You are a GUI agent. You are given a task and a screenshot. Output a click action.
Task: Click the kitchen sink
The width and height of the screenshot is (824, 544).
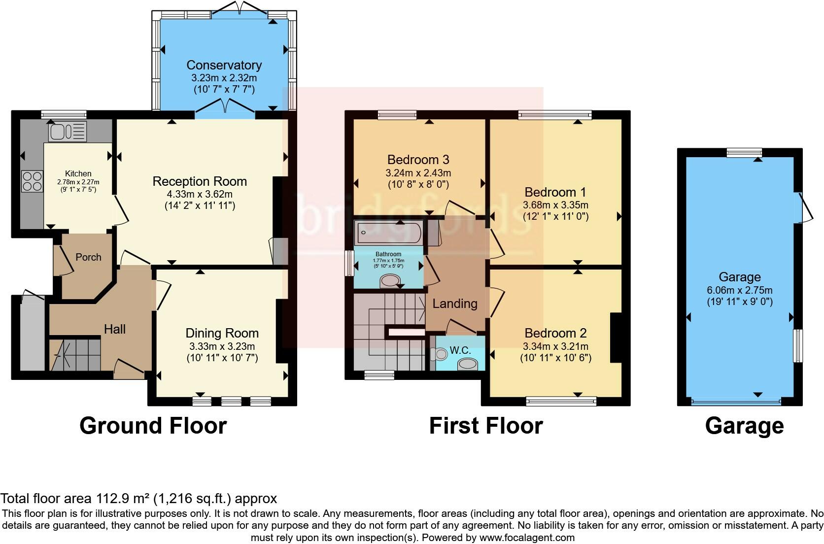pos(68,131)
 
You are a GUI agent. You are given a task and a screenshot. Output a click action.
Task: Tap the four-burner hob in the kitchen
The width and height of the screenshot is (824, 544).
pos(33,181)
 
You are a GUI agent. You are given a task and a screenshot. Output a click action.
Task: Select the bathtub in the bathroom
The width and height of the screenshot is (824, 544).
pos(388,233)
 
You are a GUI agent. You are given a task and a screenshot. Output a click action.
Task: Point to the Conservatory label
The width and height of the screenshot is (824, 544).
pos(224,65)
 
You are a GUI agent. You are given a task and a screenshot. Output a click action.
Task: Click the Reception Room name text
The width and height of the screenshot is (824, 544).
pos(200,181)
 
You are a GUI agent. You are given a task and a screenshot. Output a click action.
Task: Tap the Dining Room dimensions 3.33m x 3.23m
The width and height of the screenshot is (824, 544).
pos(222,346)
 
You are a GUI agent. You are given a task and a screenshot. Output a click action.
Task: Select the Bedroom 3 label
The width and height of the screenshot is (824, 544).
pos(418,160)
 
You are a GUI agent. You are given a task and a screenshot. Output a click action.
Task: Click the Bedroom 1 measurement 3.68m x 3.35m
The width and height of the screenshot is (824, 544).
pos(555,205)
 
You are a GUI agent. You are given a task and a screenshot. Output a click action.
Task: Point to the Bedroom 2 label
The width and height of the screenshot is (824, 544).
pos(555,333)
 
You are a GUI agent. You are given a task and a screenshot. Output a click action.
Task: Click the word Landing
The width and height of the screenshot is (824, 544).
pos(455,304)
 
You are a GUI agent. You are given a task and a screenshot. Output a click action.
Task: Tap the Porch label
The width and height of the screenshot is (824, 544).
pos(88,257)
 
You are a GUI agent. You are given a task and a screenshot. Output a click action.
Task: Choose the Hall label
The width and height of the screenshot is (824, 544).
pos(115,329)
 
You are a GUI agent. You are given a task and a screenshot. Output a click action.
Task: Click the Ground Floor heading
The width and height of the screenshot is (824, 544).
pos(153,426)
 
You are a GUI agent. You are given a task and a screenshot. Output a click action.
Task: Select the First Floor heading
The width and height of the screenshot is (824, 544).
pos(486,426)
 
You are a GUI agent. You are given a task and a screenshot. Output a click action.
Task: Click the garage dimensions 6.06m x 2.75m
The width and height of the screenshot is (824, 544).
pos(739,290)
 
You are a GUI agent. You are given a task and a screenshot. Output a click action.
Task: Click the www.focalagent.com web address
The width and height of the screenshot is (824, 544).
pos(527,538)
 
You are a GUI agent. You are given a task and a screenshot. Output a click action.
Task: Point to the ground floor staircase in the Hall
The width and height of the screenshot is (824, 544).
pos(75,355)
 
